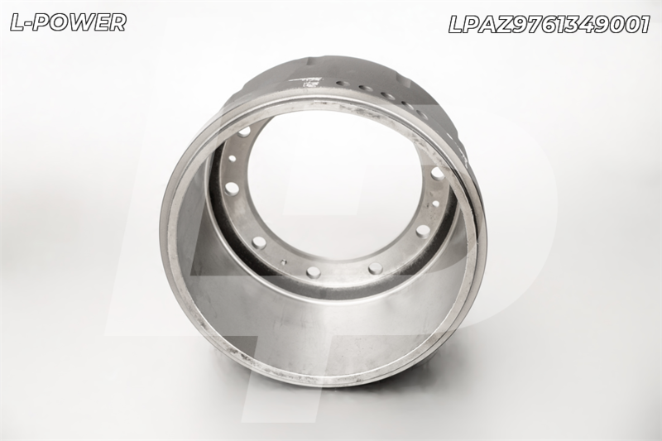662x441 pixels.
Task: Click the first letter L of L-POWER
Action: coord(17,22)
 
